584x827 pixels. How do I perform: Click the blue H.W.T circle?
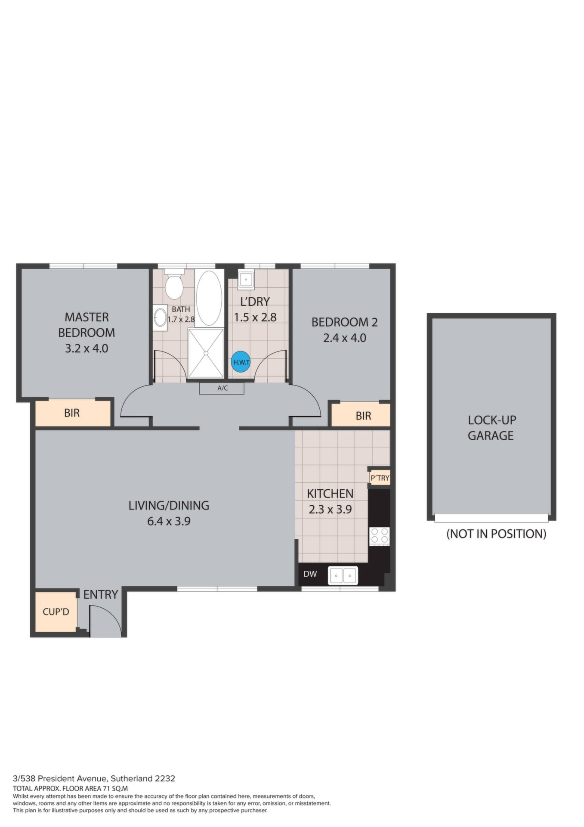241,362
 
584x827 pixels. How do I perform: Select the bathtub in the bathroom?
209,298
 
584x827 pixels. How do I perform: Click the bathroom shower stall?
206,353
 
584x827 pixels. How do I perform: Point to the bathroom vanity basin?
161,317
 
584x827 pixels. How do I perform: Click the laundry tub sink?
246,279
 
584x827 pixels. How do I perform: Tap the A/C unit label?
222,388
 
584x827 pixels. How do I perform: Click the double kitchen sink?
343,575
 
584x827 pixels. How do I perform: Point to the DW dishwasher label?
310,574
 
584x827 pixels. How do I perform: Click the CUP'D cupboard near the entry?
56,612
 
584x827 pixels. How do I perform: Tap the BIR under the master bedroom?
72,413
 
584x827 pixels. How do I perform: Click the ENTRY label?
101,594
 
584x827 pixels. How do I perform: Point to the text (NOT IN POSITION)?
496,534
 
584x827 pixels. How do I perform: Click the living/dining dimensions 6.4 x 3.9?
169,521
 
